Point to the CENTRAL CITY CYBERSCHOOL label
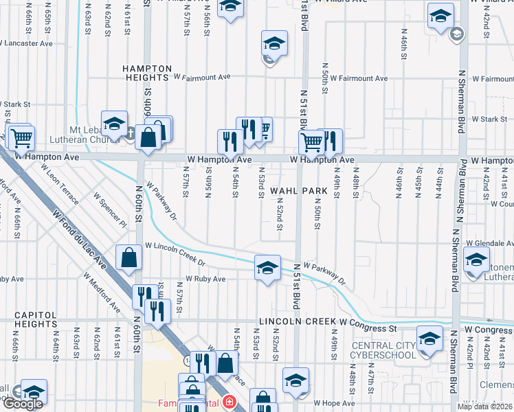click(x=384, y=350)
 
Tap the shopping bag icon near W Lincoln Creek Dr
click(x=128, y=259)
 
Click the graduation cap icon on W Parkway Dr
click(x=267, y=268)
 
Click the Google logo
click(x=23, y=404)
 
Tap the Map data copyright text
click(x=484, y=407)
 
